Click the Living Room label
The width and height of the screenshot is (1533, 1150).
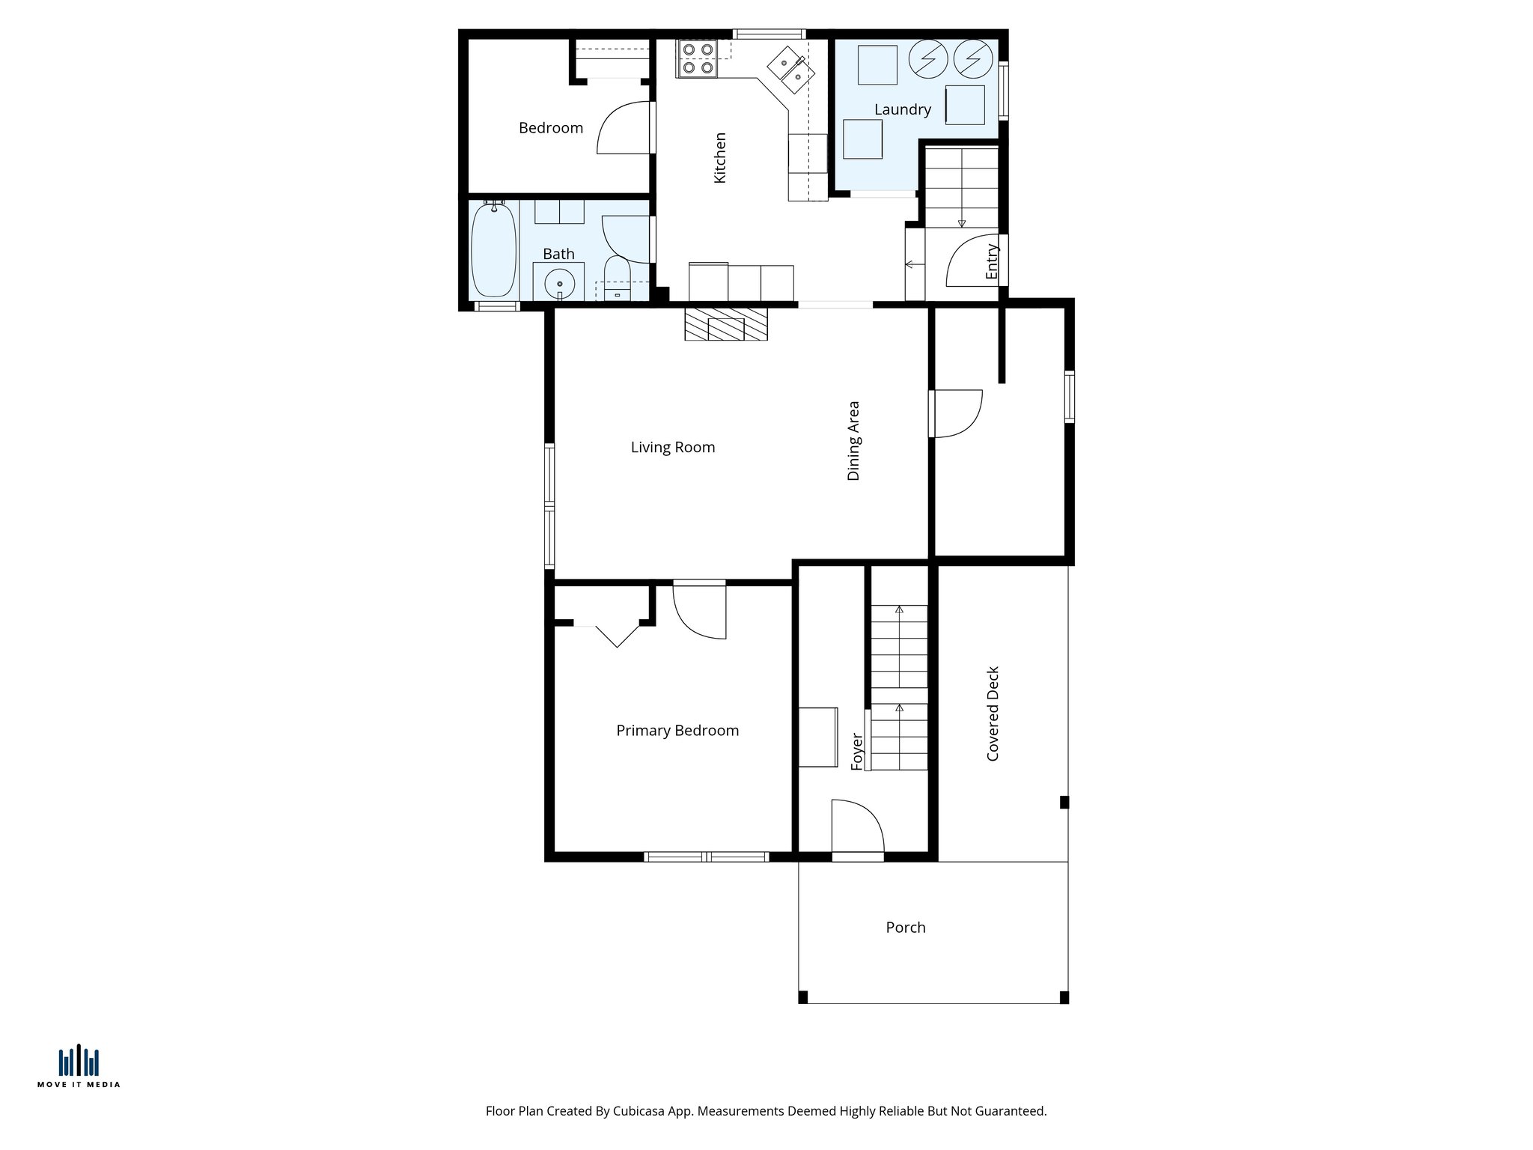tap(672, 447)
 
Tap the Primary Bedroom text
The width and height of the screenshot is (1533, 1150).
tap(677, 730)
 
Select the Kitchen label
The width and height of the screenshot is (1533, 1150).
tap(719, 157)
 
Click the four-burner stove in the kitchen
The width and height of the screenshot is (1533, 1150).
tap(697, 58)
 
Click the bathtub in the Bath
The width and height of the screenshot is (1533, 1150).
tap(493, 250)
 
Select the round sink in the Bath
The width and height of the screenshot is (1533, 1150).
tap(558, 284)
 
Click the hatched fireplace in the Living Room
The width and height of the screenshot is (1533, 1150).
tap(725, 323)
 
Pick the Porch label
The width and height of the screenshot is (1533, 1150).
tap(905, 927)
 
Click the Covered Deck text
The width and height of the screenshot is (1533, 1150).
tap(993, 713)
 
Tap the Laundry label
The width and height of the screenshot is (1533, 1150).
tap(902, 109)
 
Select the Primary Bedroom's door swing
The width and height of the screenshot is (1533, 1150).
tap(701, 611)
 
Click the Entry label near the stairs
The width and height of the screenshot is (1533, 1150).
tap(992, 261)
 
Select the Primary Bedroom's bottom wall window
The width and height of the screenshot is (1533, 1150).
tap(706, 856)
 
